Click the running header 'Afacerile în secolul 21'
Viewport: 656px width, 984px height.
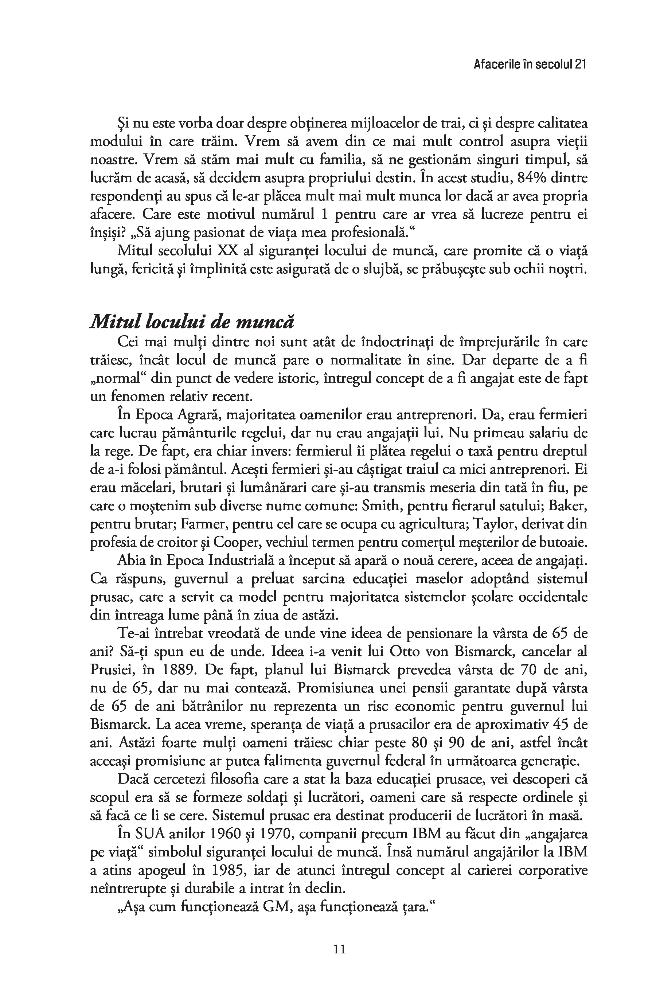coord(529,65)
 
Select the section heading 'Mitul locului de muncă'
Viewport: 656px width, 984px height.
coord(192,322)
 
